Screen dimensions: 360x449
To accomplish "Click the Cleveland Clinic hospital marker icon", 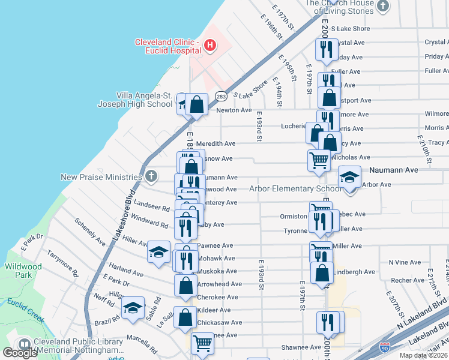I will (209, 44).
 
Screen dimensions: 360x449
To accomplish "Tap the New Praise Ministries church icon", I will (151, 176).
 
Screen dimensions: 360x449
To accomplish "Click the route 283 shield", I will (221, 95).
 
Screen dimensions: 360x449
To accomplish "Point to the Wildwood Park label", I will (23, 271).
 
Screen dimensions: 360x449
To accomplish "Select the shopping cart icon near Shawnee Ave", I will (202, 343).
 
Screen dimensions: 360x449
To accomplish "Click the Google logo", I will (20, 353).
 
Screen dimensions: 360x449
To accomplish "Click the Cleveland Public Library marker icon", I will (25, 344).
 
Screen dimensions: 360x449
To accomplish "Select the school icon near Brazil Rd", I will (133, 308).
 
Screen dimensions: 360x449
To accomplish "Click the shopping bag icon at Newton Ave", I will (196, 104).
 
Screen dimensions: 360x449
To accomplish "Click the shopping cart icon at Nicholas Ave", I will (319, 160).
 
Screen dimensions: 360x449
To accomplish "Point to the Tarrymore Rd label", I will (63, 263).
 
